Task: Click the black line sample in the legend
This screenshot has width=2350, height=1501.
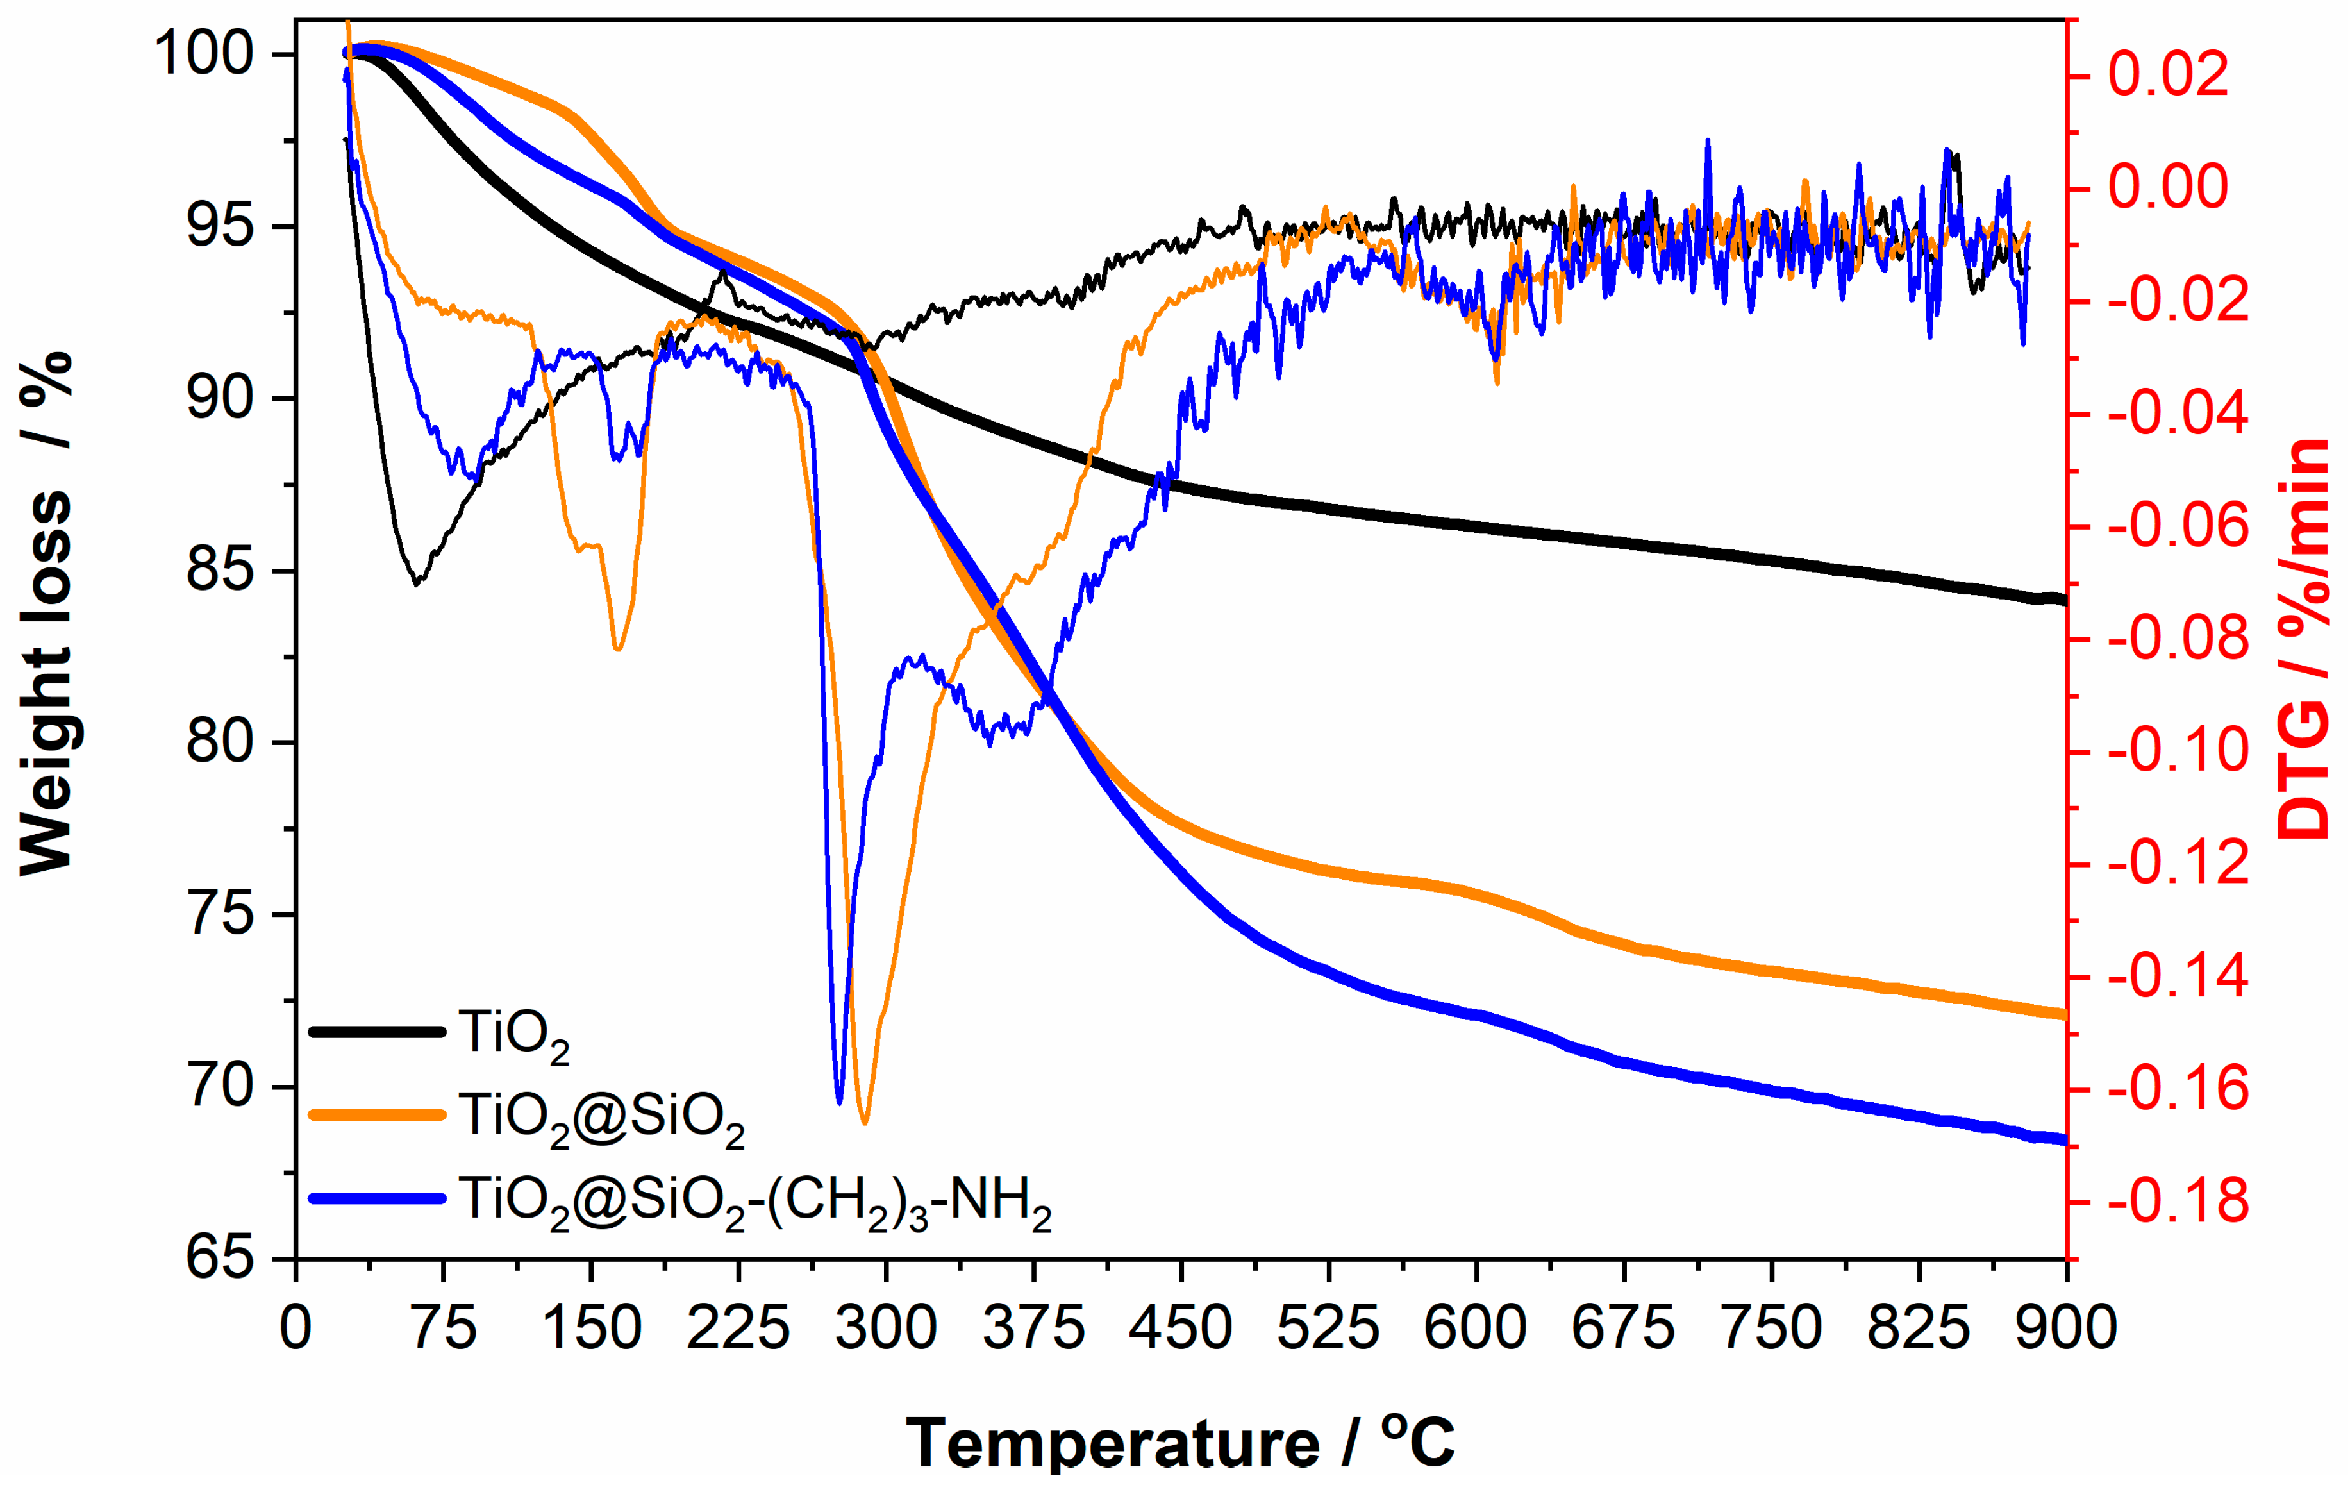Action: click(377, 1032)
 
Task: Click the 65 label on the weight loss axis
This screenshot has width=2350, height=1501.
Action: click(220, 1259)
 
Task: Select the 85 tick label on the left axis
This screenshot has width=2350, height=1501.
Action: click(220, 570)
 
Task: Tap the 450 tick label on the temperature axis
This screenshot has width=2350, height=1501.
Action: click(1180, 1329)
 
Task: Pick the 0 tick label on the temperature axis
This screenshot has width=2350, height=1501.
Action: click(296, 1329)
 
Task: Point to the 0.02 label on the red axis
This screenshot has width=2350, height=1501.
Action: click(2169, 75)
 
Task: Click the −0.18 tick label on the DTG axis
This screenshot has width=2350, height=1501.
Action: click(2176, 1202)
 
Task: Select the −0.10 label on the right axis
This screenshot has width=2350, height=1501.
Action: click(2176, 751)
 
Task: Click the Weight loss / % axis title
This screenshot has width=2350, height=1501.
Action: click(46, 615)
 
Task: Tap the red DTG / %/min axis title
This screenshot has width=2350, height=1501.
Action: click(2305, 639)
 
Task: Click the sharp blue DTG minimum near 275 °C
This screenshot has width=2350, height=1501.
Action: click(839, 1102)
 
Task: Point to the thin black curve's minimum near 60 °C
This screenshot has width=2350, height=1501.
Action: click(417, 583)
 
